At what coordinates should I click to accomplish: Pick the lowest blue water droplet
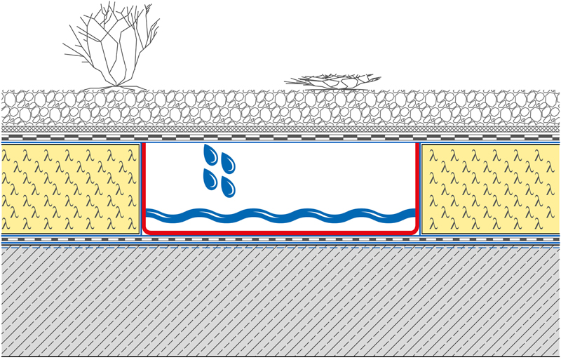click(x=227, y=187)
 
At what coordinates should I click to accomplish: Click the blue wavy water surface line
click(x=280, y=214)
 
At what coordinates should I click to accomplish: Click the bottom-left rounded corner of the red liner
click(x=146, y=229)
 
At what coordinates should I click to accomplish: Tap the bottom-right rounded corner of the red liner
click(x=415, y=229)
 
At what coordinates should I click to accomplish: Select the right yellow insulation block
click(x=491, y=188)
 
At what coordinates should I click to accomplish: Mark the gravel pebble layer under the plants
click(x=280, y=109)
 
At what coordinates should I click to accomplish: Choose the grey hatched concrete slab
click(x=280, y=302)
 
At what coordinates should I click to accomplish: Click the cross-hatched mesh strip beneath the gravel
click(x=280, y=129)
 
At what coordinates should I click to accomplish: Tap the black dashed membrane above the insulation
click(x=280, y=138)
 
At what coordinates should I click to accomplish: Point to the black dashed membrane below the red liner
click(x=280, y=239)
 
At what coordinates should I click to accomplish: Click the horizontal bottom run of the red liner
click(x=280, y=232)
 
